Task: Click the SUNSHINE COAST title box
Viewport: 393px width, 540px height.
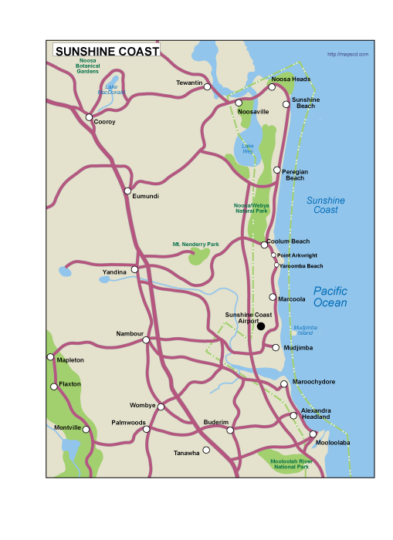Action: tap(107, 51)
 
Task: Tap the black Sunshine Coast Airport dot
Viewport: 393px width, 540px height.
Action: tap(261, 326)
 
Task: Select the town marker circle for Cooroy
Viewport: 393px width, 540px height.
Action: tap(90, 117)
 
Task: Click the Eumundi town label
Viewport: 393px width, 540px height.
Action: tap(145, 197)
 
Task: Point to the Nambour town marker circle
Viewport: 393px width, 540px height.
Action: tap(146, 339)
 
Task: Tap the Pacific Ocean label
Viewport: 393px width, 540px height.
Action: tap(330, 297)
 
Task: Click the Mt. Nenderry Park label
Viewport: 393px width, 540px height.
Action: tap(195, 244)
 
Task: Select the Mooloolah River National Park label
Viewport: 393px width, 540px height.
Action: tap(290, 464)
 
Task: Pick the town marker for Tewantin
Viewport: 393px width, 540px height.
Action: tap(207, 87)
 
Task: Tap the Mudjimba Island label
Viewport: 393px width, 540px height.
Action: tap(304, 330)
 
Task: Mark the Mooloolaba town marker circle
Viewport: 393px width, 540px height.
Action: tap(313, 434)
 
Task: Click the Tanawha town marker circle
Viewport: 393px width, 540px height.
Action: tap(206, 450)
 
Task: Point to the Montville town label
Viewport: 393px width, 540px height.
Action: tap(68, 427)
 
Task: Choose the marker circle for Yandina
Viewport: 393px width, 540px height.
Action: tap(134, 269)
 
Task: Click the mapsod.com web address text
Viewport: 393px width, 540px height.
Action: tap(347, 54)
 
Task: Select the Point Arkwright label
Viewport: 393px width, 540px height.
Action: tap(297, 255)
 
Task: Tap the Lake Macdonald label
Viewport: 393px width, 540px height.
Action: tap(111, 89)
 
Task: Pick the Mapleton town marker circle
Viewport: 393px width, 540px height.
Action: tap(51, 357)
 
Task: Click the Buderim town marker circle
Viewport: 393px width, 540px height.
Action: tap(230, 430)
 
